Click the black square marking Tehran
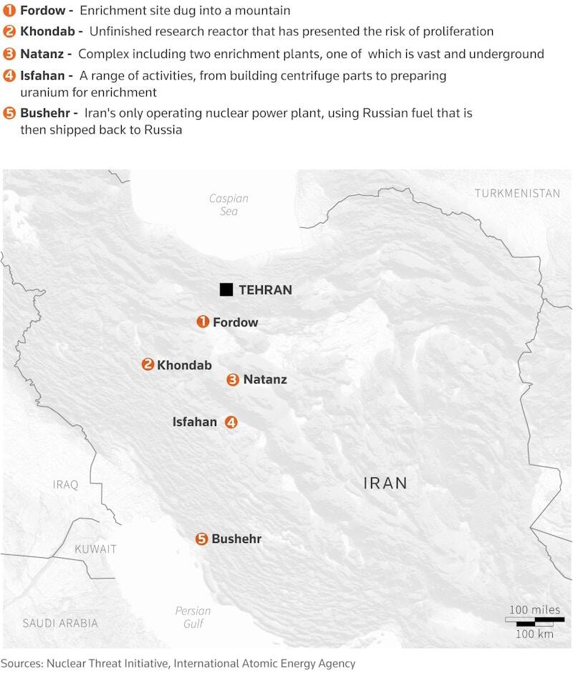(x=226, y=290)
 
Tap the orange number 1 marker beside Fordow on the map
(x=203, y=322)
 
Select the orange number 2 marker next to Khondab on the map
(x=148, y=365)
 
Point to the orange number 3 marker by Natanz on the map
(x=233, y=380)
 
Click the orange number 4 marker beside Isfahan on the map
(x=231, y=422)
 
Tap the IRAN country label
(x=385, y=483)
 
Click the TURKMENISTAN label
(x=517, y=194)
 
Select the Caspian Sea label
(x=228, y=205)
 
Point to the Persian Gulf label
(x=193, y=617)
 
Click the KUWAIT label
(x=95, y=549)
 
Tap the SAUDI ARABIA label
(x=60, y=623)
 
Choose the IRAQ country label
(x=65, y=485)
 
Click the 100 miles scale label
(x=535, y=609)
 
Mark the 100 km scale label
(x=535, y=635)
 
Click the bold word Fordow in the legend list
(x=43, y=11)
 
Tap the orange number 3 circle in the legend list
(x=9, y=54)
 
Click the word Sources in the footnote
(x=21, y=664)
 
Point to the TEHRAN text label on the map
(x=265, y=290)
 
